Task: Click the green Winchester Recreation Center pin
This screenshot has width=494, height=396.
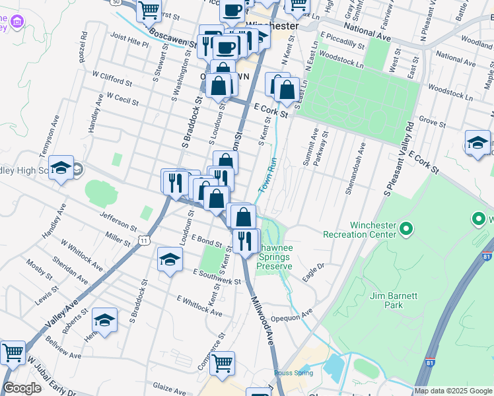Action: pyautogui.click(x=406, y=229)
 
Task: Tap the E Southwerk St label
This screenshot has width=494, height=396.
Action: pyautogui.click(x=217, y=277)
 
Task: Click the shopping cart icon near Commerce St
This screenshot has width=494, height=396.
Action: pyautogui.click(x=222, y=363)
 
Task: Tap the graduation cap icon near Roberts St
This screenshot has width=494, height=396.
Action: pyautogui.click(x=104, y=321)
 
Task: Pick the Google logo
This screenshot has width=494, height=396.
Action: pyautogui.click(x=22, y=389)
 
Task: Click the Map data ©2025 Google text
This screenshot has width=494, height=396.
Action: pyautogui.click(x=453, y=391)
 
